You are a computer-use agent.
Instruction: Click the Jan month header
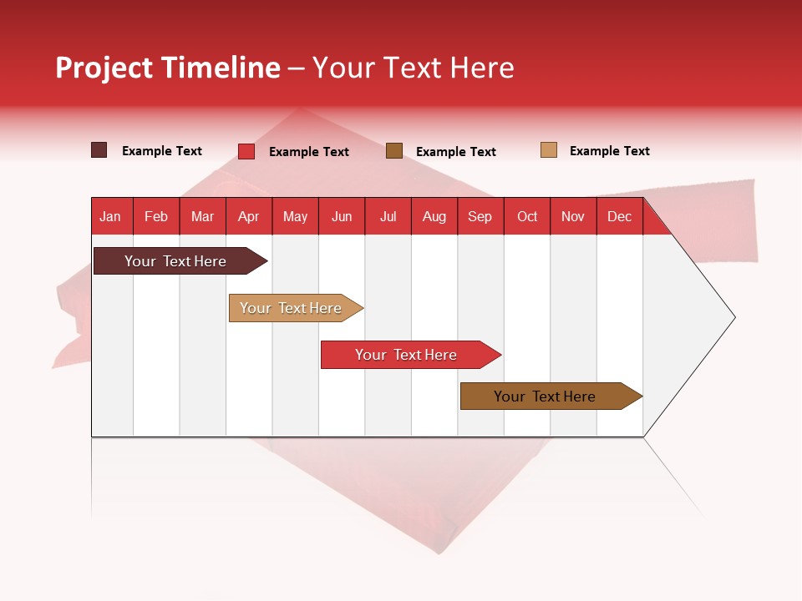[x=111, y=216]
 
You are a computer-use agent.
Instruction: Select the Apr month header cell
[x=249, y=216]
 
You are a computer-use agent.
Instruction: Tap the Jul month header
[x=388, y=216]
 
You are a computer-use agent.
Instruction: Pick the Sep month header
[x=480, y=216]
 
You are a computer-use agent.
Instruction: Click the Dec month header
[x=620, y=216]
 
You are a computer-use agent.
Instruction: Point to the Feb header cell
[x=156, y=216]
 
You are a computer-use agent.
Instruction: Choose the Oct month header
[x=527, y=216]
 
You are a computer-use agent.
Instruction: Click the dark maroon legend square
[x=99, y=150]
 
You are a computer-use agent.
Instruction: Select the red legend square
[x=246, y=151]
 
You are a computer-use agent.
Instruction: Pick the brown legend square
[x=394, y=150]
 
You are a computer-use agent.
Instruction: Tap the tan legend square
[x=549, y=150]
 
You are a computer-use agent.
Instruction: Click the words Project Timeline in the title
[x=167, y=68]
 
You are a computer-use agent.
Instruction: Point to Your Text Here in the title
[x=413, y=68]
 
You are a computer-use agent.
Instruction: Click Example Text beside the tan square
[x=609, y=151]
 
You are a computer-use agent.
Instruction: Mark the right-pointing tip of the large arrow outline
[x=733, y=317]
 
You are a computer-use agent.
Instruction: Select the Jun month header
[x=342, y=216]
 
